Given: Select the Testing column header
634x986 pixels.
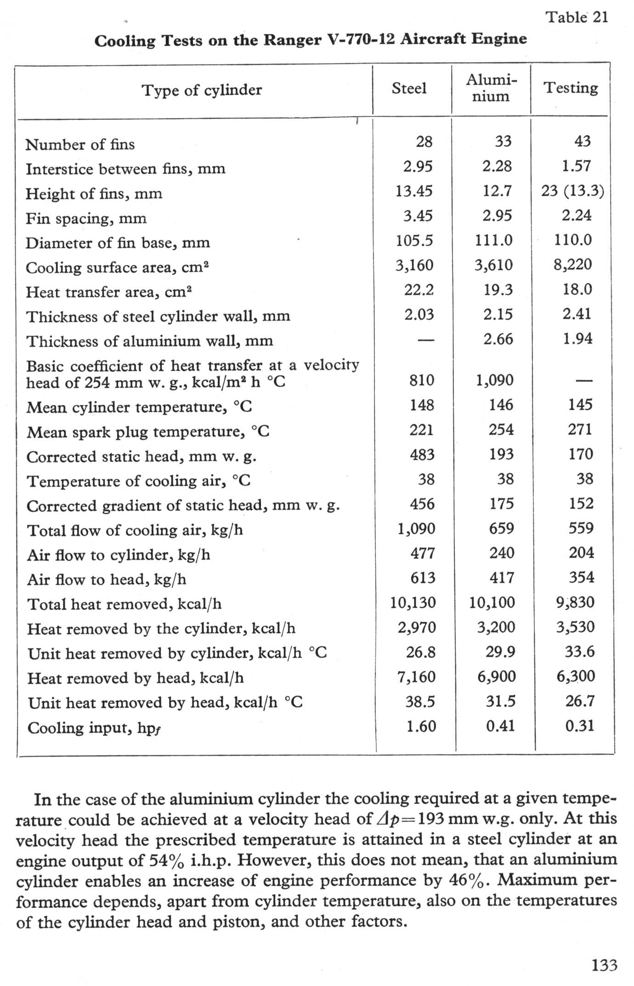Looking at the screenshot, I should coord(571,87).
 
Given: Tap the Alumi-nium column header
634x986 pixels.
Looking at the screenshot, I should coord(491,88).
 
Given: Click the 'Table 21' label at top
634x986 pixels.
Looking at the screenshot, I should coord(577,17).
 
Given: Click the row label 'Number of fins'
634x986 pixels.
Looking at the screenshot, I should coord(80,144).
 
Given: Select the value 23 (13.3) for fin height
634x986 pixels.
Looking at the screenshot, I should coord(572,190).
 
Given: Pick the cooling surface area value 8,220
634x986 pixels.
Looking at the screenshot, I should coord(572,264).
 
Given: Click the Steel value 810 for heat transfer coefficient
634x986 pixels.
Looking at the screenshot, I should coord(421,380).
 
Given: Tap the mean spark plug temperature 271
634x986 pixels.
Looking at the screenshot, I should coord(580,429).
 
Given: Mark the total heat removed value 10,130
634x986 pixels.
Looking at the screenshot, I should coord(413,602).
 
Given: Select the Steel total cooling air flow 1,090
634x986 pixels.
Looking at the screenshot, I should coord(416,528).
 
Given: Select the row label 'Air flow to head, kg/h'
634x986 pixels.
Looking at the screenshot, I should coord(107,579).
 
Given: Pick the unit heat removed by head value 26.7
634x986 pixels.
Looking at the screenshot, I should coord(580,701).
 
